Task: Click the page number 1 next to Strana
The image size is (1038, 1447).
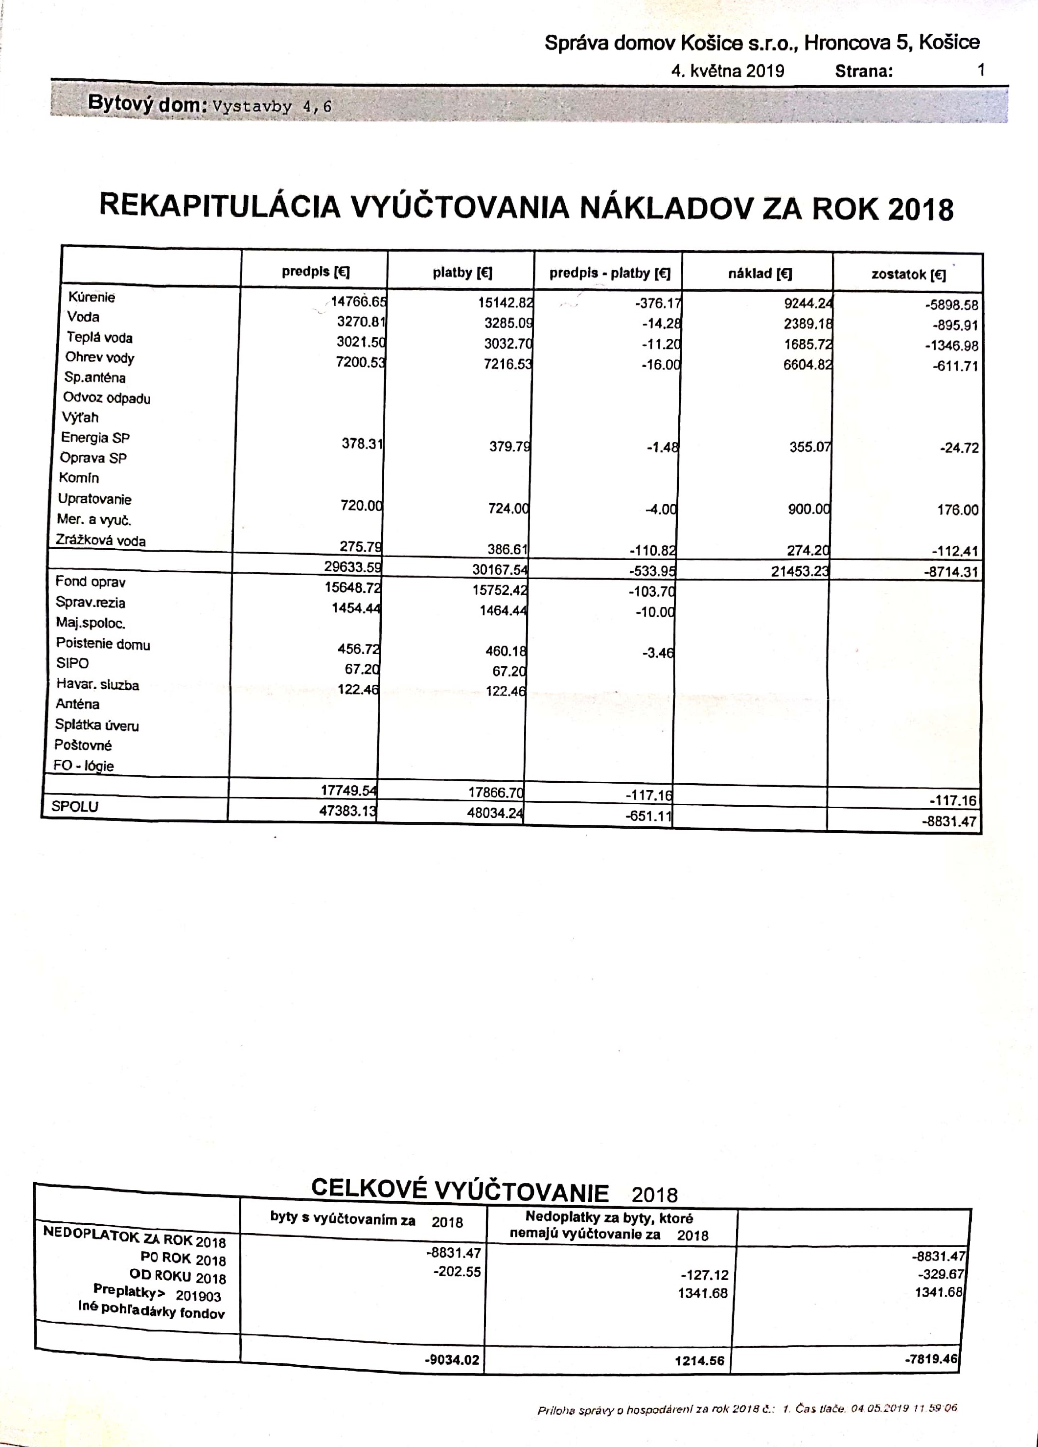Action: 981,70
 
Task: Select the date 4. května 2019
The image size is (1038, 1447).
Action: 727,71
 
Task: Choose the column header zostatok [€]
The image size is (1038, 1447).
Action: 908,275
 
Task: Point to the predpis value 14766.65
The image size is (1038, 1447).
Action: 358,302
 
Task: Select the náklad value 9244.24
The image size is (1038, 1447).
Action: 807,304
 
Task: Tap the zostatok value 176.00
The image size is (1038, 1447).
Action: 957,510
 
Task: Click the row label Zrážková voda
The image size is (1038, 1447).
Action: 101,540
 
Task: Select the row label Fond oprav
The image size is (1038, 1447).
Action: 91,581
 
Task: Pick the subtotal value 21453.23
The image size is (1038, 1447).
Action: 800,571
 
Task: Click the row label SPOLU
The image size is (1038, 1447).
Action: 75,806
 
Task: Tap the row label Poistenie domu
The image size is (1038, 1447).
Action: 103,644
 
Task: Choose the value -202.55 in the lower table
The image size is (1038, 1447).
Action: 457,1272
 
